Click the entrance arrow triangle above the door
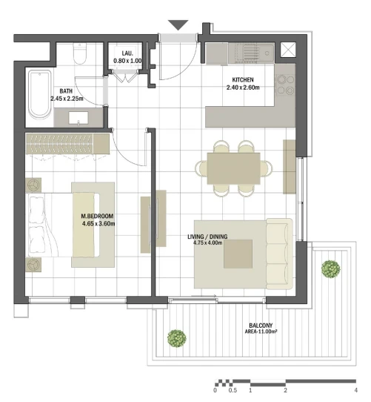click(x=178, y=24)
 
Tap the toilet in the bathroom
click(x=80, y=53)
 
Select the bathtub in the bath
click(x=39, y=95)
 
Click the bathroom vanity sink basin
click(x=78, y=118)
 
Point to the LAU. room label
click(x=127, y=53)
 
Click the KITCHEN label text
click(x=243, y=80)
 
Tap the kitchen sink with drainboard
click(x=252, y=53)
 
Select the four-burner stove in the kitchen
click(x=286, y=85)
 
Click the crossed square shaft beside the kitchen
click(x=288, y=50)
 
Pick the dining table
click(x=233, y=168)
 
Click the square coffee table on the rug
click(x=238, y=254)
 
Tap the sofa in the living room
click(x=280, y=254)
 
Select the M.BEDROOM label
click(x=97, y=216)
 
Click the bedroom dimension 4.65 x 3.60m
click(x=98, y=223)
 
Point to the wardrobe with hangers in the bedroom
click(x=67, y=144)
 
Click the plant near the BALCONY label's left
click(x=177, y=338)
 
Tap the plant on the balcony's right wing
click(x=331, y=268)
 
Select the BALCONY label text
click(x=261, y=326)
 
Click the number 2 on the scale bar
click(x=286, y=390)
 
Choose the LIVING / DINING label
click(x=207, y=237)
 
